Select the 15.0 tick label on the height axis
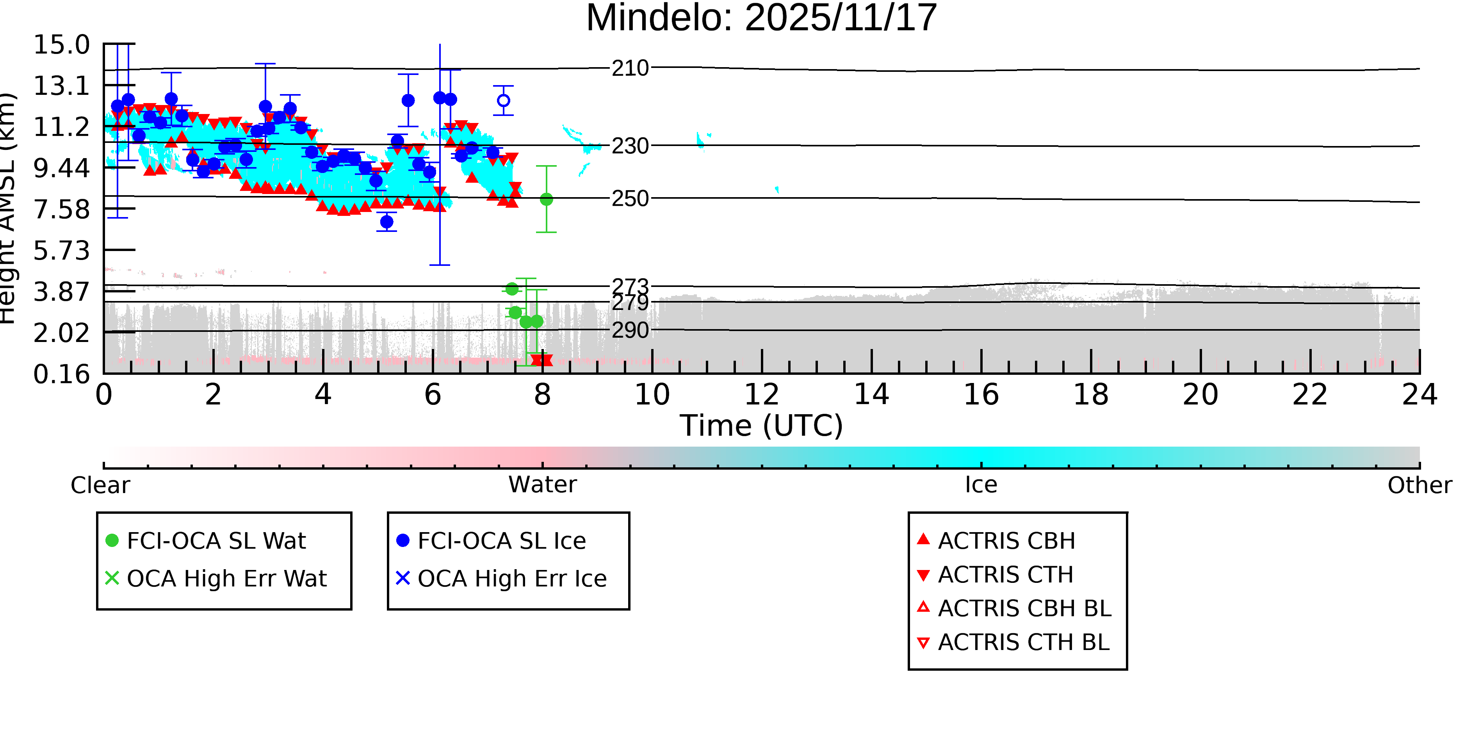[x=61, y=45]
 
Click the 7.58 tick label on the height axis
[x=61, y=210]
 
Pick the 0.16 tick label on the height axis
[x=61, y=374]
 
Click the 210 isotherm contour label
[x=630, y=68]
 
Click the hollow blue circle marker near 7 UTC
[x=504, y=101]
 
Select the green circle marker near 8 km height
[x=546, y=199]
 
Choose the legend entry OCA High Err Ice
[x=511, y=579]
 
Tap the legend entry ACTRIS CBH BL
[x=1024, y=609]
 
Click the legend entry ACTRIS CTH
[x=1005, y=575]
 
